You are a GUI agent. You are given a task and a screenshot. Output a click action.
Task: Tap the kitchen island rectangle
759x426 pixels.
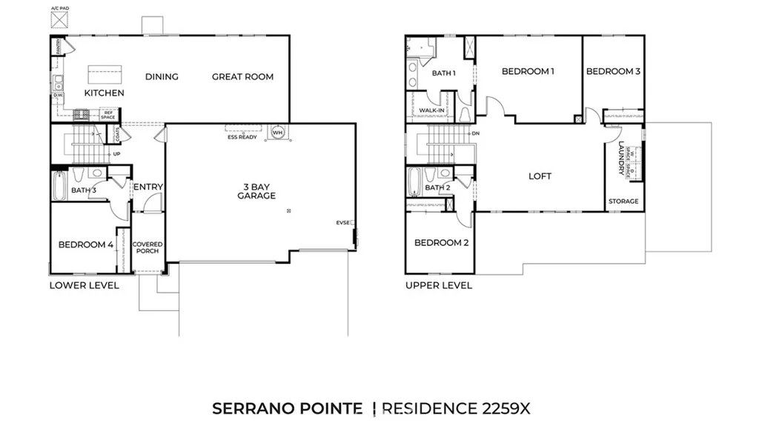click(104, 75)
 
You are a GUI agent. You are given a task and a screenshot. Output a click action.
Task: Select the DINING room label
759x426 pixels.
click(162, 77)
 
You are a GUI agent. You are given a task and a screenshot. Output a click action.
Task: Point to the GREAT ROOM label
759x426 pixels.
click(242, 77)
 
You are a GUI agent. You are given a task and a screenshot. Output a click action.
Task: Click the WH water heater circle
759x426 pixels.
click(278, 133)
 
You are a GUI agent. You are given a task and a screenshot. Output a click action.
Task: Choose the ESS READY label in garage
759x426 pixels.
click(242, 137)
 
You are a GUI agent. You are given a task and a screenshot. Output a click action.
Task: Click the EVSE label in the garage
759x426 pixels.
click(342, 222)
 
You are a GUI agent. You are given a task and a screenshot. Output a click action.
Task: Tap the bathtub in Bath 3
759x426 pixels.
click(59, 186)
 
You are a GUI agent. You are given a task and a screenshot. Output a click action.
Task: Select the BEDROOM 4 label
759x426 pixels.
click(86, 244)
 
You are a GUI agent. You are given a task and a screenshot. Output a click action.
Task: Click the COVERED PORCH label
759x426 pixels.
click(147, 247)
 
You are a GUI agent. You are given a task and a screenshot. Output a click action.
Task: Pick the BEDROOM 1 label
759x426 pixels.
click(528, 72)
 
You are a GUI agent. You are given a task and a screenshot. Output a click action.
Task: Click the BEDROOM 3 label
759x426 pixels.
click(613, 72)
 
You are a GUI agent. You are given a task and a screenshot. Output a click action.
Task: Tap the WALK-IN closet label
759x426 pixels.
click(431, 111)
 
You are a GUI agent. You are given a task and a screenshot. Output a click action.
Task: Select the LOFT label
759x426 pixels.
click(540, 176)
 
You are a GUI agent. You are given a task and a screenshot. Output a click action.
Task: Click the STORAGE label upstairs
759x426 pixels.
click(623, 202)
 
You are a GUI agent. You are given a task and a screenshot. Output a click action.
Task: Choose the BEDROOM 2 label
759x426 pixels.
click(440, 243)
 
